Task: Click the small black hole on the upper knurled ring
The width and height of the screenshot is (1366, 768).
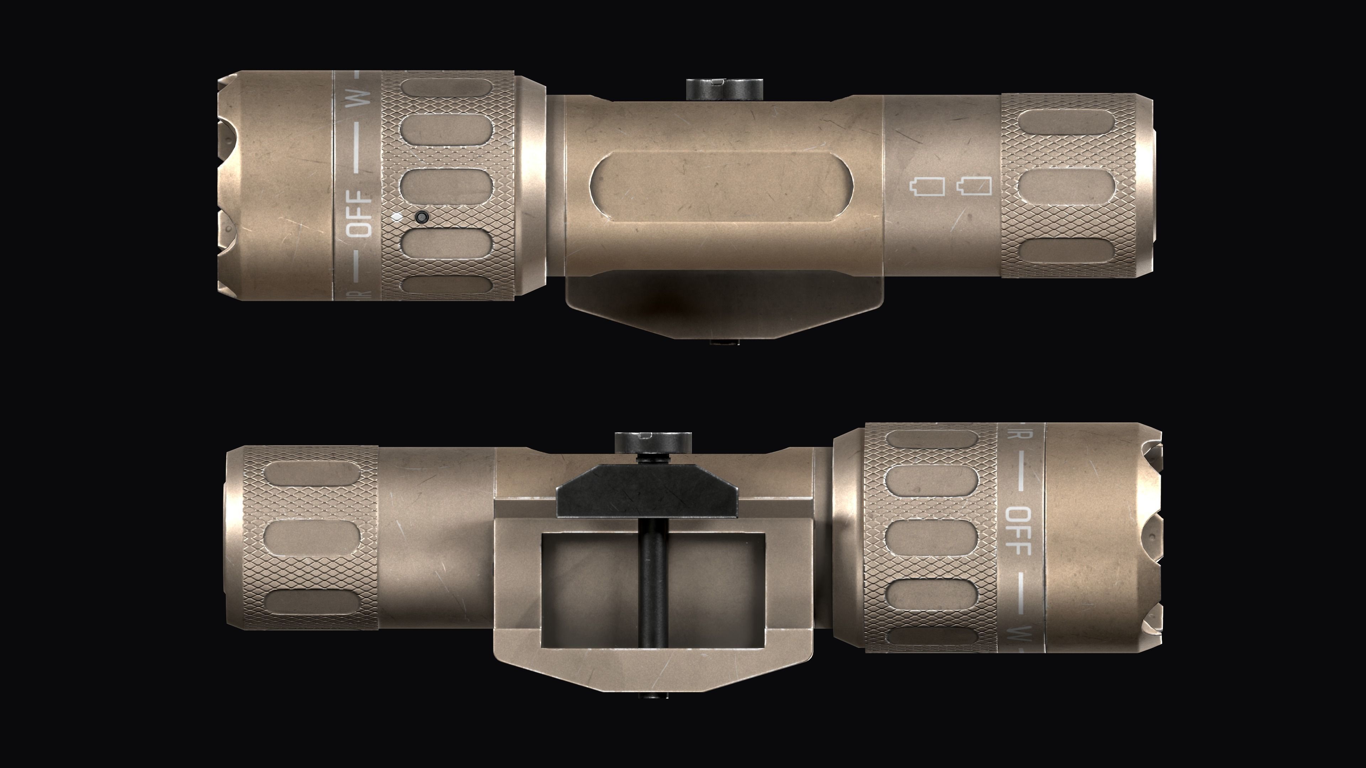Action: (422, 217)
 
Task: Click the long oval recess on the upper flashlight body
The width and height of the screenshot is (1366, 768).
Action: (719, 193)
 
